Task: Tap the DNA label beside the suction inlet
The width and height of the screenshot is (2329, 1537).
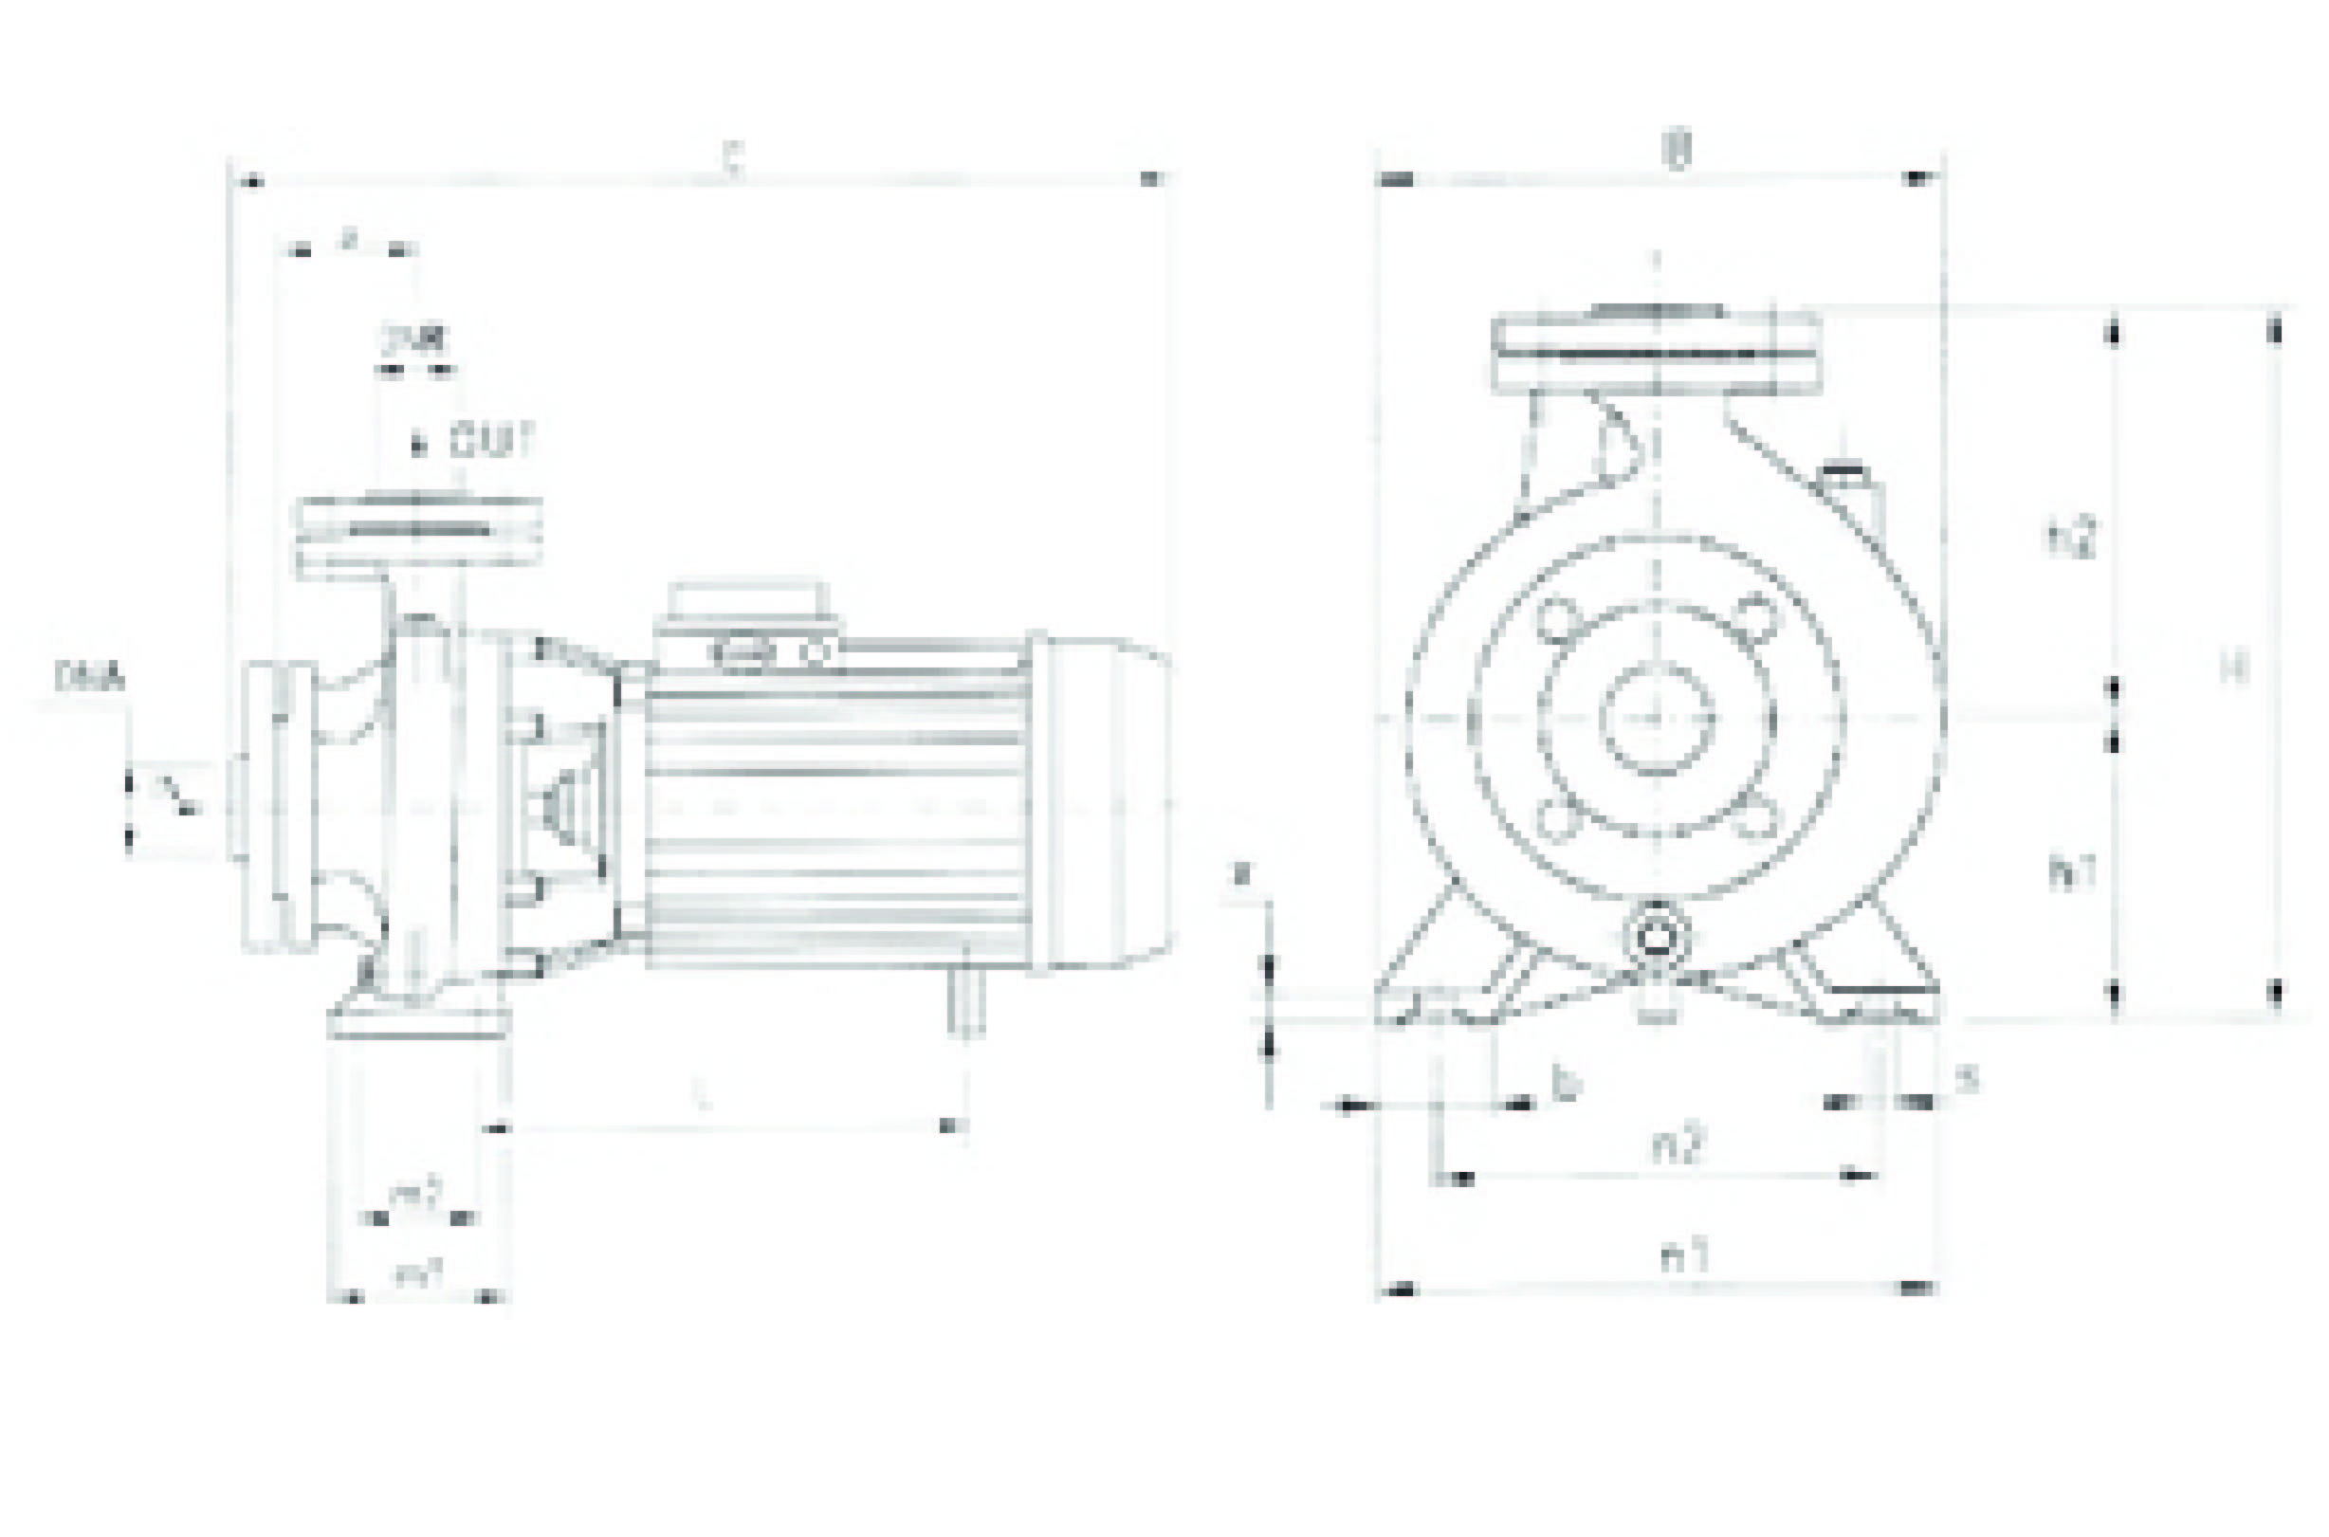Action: (90, 677)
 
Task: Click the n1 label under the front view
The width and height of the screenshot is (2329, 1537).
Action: (1684, 1255)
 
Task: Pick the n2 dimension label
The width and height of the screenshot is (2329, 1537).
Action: (1678, 1144)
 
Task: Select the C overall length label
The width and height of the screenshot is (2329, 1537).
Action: (733, 161)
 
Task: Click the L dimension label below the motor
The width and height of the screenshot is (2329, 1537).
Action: (700, 1095)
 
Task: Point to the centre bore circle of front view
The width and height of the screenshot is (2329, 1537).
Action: (1657, 718)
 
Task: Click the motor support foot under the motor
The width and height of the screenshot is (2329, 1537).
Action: (965, 1001)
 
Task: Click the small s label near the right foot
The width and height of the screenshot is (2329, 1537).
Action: (1967, 1079)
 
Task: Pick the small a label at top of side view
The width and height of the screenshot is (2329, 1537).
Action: (348, 238)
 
